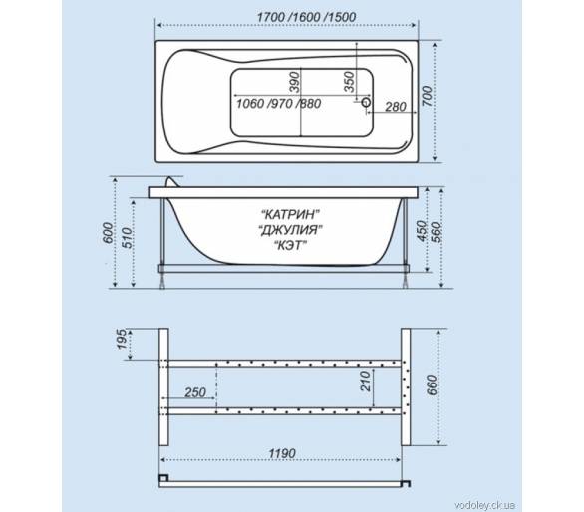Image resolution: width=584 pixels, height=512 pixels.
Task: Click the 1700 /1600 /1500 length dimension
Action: click(x=306, y=17)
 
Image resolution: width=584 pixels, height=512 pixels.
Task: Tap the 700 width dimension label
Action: click(x=428, y=96)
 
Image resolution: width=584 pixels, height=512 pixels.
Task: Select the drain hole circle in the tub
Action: click(x=367, y=102)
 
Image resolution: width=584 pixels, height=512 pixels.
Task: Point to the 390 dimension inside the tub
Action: click(x=294, y=81)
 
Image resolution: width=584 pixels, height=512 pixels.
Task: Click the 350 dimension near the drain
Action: click(x=349, y=81)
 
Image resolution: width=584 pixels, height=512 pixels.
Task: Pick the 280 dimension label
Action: click(x=396, y=107)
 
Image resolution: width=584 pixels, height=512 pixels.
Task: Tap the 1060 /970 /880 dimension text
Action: click(x=279, y=104)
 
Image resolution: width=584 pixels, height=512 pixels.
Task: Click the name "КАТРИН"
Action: click(x=291, y=214)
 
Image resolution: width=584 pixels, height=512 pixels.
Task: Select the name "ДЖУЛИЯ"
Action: click(x=291, y=230)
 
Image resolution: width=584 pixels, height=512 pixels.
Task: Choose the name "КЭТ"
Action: click(x=291, y=245)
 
